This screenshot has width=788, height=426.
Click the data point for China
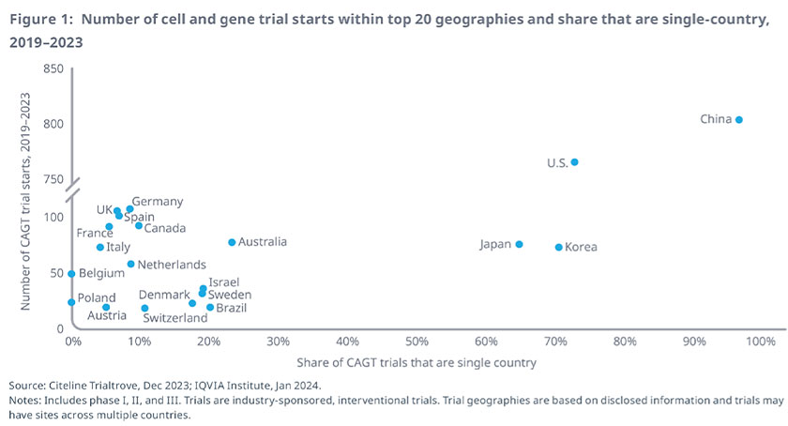739,119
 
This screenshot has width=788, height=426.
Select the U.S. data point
574,162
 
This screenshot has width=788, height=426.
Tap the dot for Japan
519,244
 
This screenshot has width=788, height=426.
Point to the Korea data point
558,248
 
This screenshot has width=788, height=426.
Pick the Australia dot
232,242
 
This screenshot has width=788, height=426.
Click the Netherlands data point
130,265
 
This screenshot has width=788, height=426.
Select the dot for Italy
100,248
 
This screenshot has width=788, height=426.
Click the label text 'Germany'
157,202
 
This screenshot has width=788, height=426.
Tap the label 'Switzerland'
174,318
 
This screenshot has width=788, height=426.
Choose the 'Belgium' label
101,274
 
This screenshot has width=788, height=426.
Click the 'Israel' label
223,281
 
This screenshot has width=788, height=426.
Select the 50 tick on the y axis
55,273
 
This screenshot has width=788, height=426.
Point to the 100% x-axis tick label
755,342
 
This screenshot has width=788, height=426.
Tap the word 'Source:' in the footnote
29,386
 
